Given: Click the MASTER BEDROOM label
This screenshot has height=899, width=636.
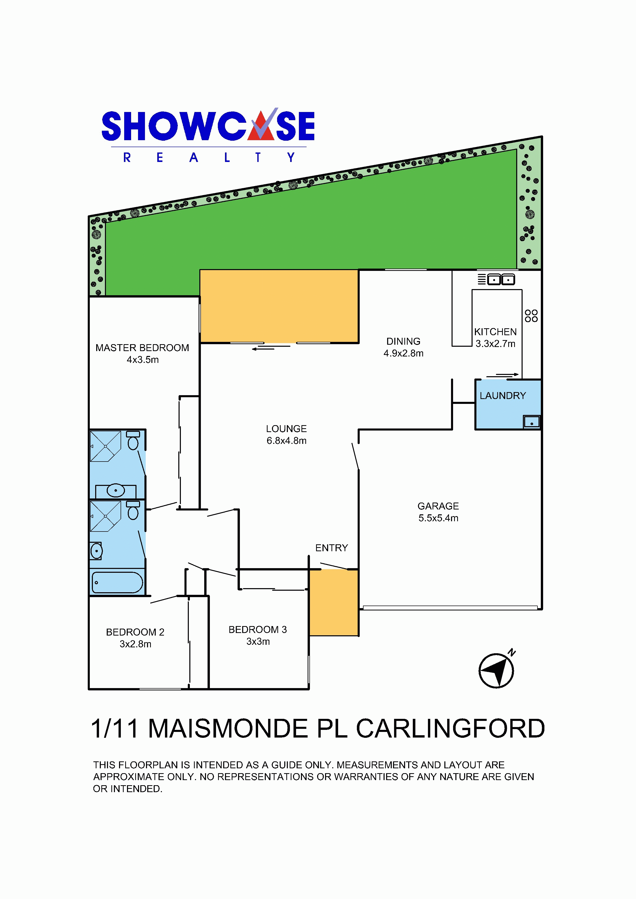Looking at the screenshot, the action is coord(142,348).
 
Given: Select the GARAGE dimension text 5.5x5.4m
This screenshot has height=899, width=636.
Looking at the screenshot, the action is coord(438,518).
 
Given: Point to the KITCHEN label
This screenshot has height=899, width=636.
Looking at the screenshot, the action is coord(495,332).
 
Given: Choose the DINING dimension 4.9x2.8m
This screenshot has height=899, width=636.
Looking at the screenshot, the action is coord(403,353).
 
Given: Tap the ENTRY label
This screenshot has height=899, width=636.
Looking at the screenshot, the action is coord(331,548).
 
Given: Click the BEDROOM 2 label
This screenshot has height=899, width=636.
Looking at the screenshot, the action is coord(135,632).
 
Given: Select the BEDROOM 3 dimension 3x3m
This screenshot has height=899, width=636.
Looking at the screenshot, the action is coord(258,641).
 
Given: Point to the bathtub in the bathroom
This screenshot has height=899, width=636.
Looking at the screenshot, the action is coord(117,582).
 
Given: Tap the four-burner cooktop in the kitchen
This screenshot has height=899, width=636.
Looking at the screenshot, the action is coord(531,315).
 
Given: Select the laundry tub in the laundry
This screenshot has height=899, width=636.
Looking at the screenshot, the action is coord(531,422).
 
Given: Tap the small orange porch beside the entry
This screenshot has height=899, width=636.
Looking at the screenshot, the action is coord(334,602).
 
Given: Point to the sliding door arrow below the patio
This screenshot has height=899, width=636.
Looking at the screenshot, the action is coord(263,349).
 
